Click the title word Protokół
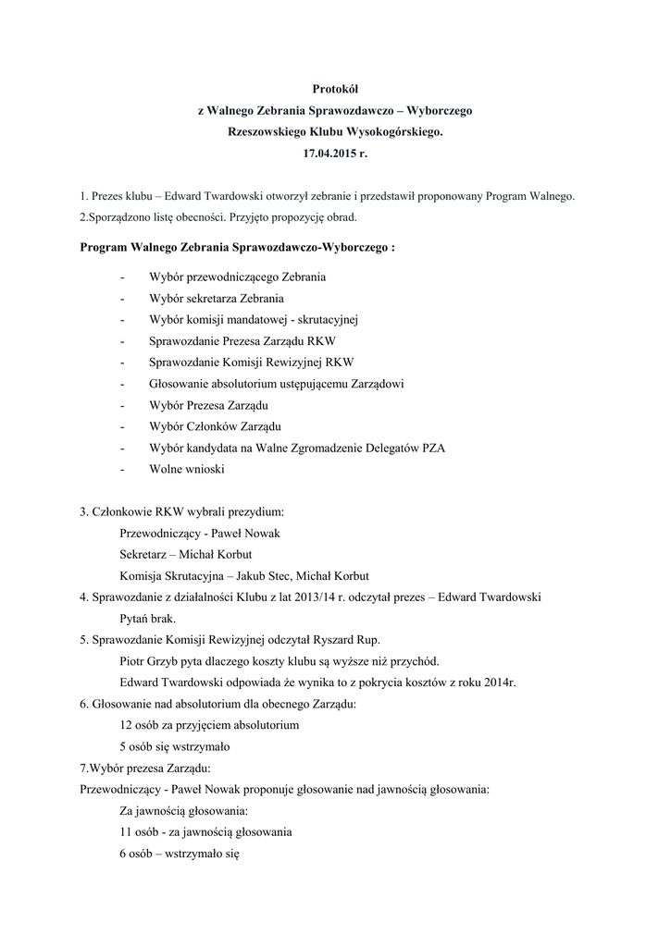point(335,88)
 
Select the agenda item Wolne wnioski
point(186,469)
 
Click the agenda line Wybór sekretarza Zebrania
point(216,299)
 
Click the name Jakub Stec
point(264,575)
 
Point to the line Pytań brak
point(147,618)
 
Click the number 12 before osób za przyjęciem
point(127,725)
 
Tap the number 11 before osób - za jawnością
point(126,831)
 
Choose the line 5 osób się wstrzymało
point(175,746)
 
